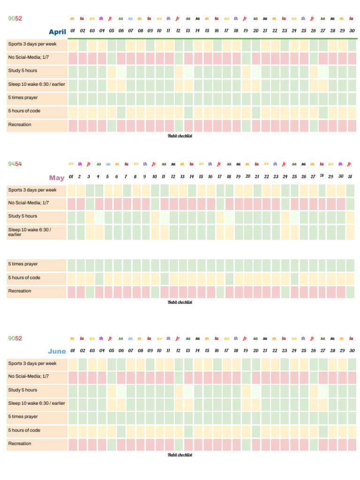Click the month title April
tap(57, 32)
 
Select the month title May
tap(57, 178)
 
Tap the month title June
tap(57, 351)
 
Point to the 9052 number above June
tap(15, 338)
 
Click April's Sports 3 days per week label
tap(32, 44)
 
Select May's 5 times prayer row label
tap(23, 264)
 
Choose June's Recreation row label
tap(20, 443)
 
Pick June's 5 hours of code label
tap(24, 430)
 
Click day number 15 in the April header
tap(207, 31)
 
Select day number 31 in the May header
tap(350, 177)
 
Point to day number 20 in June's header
tap(255, 351)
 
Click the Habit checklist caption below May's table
tap(180, 302)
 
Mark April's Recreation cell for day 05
tap(112, 126)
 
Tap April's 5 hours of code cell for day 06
tap(121, 112)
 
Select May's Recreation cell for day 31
tap(350, 292)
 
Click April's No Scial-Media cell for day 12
tap(179, 59)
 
